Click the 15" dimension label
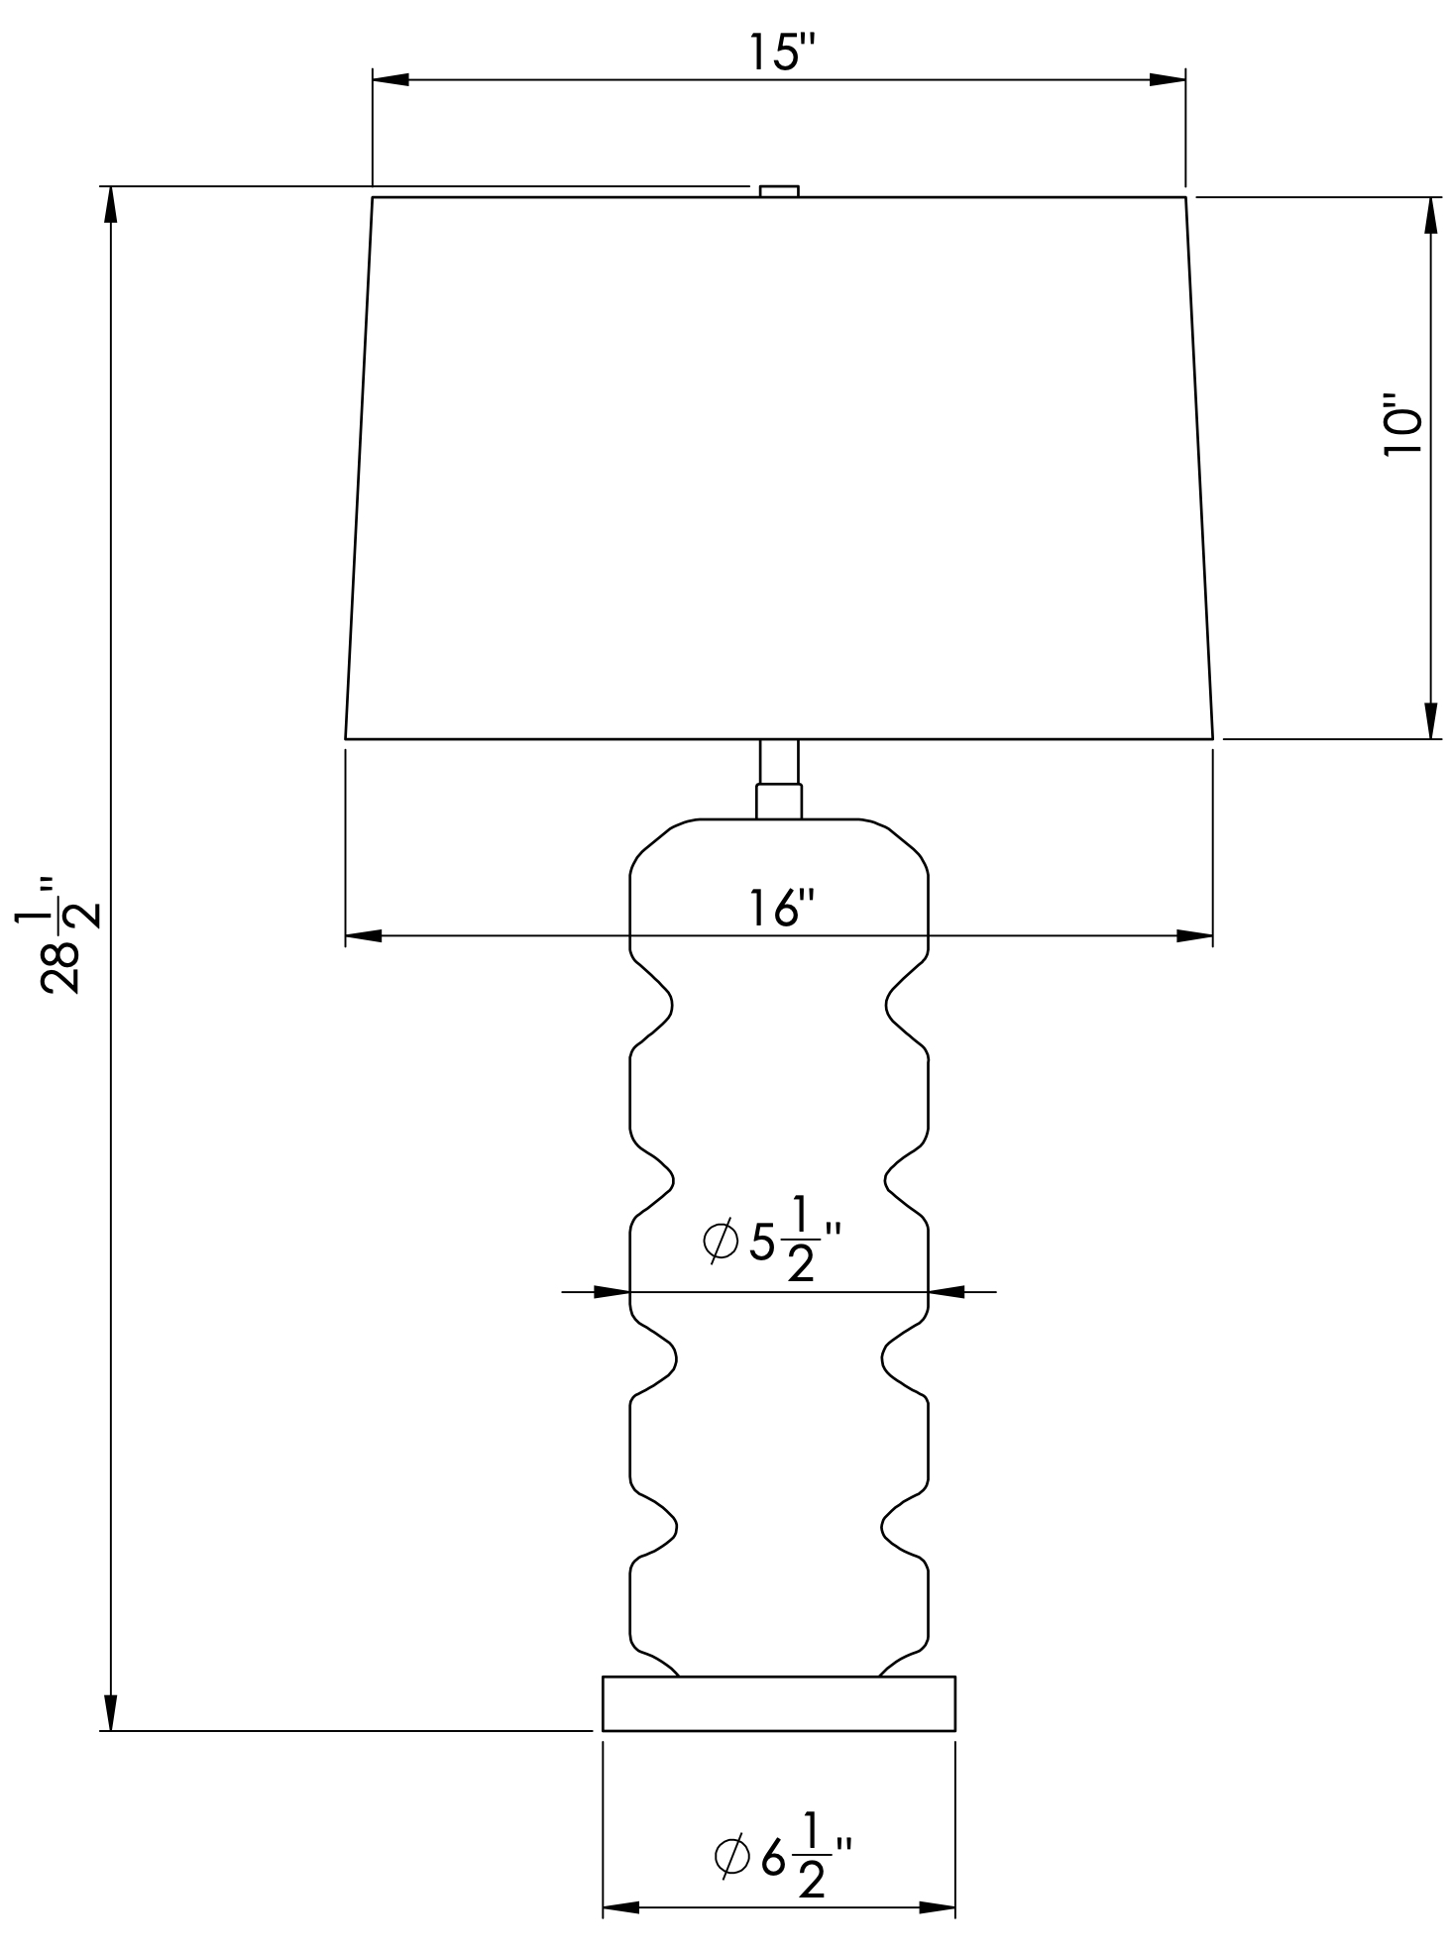[778, 52]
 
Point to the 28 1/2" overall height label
[58, 935]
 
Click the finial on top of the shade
[778, 191]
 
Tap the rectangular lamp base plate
[778, 1703]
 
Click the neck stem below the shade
[778, 779]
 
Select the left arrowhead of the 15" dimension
[390, 79]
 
